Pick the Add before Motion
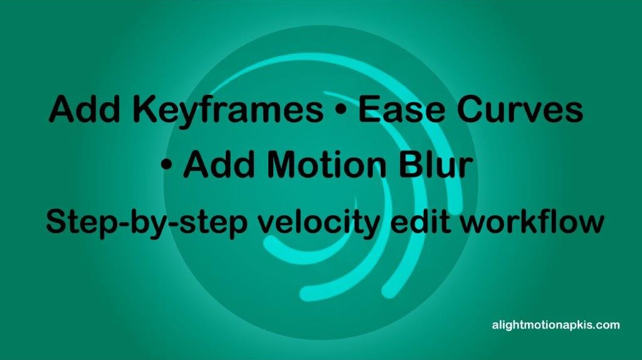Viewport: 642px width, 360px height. tap(220, 166)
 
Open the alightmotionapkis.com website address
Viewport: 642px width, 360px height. tap(555, 326)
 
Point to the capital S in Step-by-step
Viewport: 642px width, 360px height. tap(56, 223)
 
